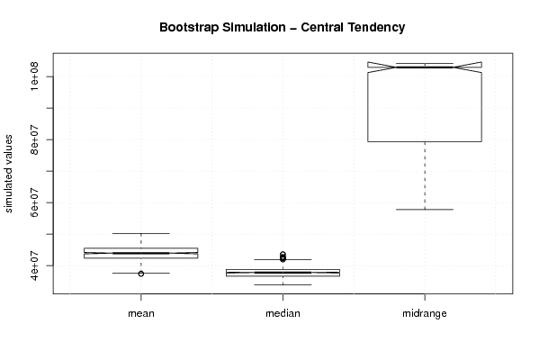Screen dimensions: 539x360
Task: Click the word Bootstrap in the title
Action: point(188,28)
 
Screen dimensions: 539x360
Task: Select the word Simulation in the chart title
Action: point(254,27)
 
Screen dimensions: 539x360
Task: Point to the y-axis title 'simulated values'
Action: point(8,174)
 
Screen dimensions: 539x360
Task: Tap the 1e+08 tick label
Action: point(34,76)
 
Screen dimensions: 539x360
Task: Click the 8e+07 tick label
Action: point(34,139)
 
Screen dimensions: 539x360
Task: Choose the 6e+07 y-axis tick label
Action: point(34,202)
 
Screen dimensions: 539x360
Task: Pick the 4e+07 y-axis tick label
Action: point(34,265)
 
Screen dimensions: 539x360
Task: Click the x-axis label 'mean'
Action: point(141,313)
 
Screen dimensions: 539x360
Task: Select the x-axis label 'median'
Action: point(283,313)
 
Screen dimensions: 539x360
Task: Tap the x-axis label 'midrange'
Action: point(425,313)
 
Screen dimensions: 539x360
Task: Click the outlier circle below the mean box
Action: point(141,274)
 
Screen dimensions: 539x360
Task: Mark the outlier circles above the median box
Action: point(283,256)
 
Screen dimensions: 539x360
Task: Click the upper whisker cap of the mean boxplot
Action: point(141,233)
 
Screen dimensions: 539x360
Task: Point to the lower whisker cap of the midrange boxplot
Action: point(425,210)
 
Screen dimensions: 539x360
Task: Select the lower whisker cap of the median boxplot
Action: point(283,284)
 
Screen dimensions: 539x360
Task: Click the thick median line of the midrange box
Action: point(425,67)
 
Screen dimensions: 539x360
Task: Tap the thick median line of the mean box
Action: point(141,253)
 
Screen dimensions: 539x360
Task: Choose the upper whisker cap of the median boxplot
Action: point(283,259)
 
